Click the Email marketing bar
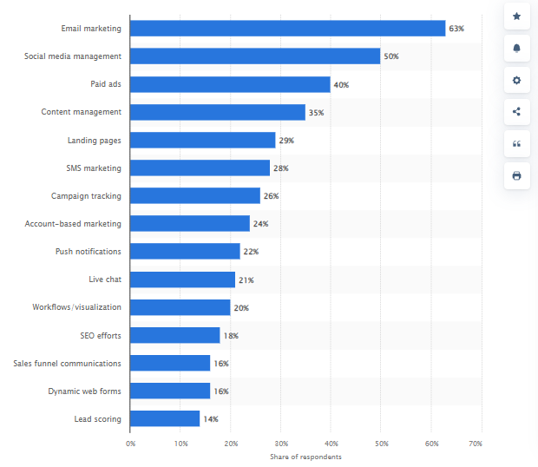click(x=287, y=29)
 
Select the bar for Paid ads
click(x=230, y=84)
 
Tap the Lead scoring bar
click(x=165, y=418)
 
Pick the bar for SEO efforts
click(x=175, y=335)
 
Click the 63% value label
click(x=456, y=29)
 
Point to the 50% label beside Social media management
click(x=391, y=56)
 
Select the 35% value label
click(x=316, y=112)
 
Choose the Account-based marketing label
click(x=73, y=224)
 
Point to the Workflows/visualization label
click(x=77, y=307)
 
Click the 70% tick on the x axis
click(x=476, y=444)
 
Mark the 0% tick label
click(x=131, y=444)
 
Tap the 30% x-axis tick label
click(x=281, y=444)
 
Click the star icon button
click(x=517, y=16)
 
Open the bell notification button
click(x=517, y=49)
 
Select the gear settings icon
click(x=517, y=80)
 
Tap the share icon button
click(x=517, y=112)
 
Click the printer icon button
click(x=517, y=175)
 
